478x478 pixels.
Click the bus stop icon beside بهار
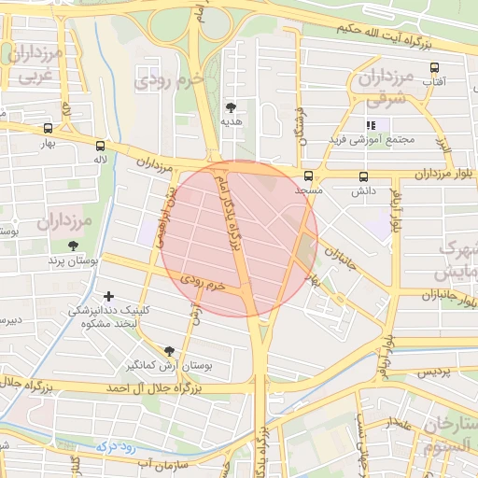point(48,129)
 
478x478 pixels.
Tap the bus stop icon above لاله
point(99,146)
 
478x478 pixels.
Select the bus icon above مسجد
point(308,176)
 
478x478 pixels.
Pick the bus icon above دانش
point(363,176)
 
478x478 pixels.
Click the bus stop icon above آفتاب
point(434,67)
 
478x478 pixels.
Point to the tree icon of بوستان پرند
point(73,246)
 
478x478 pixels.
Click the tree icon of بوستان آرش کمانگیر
point(169,351)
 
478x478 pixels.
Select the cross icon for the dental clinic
point(109,295)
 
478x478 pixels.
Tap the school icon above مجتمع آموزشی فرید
point(371,125)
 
